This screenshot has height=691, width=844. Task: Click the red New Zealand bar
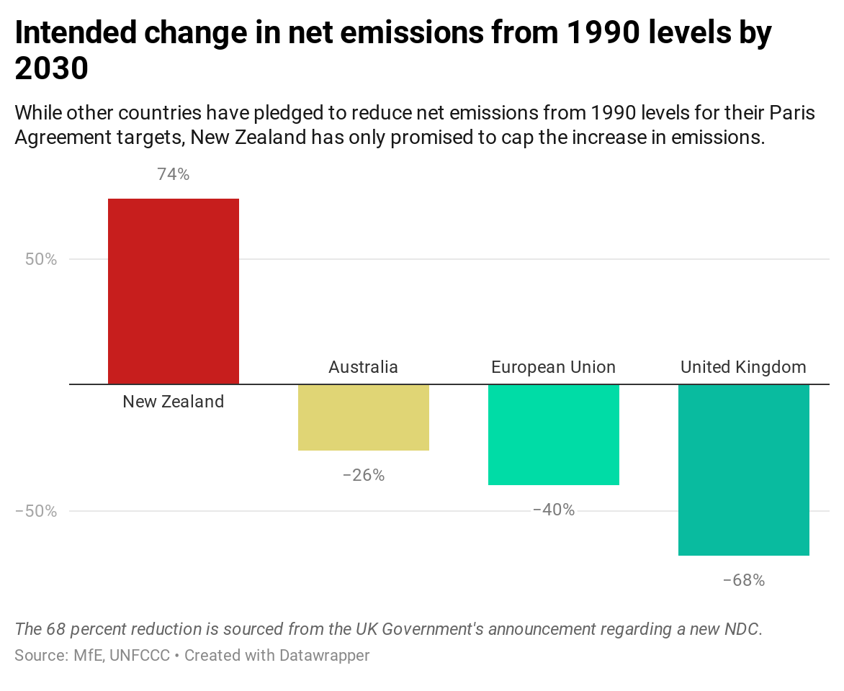(173, 291)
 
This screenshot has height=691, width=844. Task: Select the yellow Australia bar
(363, 417)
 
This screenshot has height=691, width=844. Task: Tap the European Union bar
(553, 435)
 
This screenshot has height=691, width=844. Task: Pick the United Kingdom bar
(743, 470)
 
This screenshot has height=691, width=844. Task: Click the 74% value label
(173, 174)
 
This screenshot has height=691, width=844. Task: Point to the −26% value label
(363, 475)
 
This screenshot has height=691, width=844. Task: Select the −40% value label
(553, 510)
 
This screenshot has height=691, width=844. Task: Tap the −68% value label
(743, 580)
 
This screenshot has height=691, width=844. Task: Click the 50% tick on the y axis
(41, 259)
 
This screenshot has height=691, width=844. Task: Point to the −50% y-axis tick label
(36, 511)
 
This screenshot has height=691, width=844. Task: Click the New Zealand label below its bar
(173, 402)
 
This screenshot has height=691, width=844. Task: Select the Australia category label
(363, 367)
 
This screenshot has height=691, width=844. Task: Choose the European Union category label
(553, 367)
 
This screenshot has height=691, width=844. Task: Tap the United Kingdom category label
(743, 367)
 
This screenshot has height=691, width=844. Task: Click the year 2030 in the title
(51, 68)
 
